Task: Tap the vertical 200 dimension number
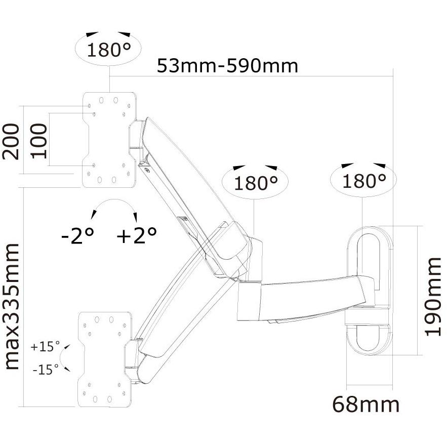tap(11, 141)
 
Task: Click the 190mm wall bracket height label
tap(433, 296)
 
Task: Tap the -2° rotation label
tap(77, 235)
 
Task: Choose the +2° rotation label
tap(136, 235)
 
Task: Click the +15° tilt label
tap(45, 347)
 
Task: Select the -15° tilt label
tap(45, 370)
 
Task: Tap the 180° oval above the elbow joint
tap(255, 182)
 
